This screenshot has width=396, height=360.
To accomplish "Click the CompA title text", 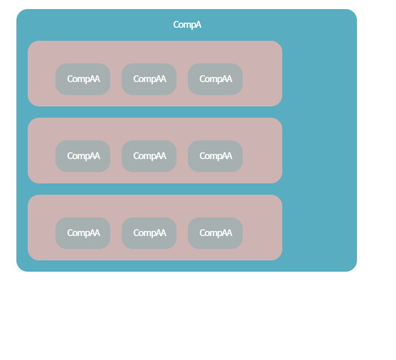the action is coord(187,25).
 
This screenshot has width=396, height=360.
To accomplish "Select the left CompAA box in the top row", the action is coord(83,79).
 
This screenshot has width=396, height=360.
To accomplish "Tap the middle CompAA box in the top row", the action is coord(149,79).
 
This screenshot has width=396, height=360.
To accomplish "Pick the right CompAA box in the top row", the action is coord(215,79).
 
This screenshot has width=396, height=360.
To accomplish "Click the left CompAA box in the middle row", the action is coord(83,156).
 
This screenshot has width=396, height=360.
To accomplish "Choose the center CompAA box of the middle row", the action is coord(149,156).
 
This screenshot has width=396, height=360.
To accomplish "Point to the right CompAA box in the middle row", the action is coord(215,156).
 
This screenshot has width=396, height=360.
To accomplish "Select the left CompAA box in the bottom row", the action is coord(83,233).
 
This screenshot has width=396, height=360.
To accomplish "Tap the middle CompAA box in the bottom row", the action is coord(149,233).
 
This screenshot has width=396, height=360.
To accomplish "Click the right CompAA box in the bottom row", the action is coord(215,233).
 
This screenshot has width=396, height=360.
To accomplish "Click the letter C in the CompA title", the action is coord(176,24).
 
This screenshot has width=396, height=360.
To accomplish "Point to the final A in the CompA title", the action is coord(199,24).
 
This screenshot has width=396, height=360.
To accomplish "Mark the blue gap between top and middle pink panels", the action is coord(155,112).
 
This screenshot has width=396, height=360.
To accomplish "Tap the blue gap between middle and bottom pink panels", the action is coord(155,189).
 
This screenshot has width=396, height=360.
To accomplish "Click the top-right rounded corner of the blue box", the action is coord(354,12).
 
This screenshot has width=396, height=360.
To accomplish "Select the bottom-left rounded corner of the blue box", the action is coord(19,268).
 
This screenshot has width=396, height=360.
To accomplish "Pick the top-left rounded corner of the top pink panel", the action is coord(31,44).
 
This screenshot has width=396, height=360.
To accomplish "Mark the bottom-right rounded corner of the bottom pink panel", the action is coord(279,257).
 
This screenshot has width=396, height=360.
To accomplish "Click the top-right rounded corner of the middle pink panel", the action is coord(279,121).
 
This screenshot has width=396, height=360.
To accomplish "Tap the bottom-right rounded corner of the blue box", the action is coord(354,268).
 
